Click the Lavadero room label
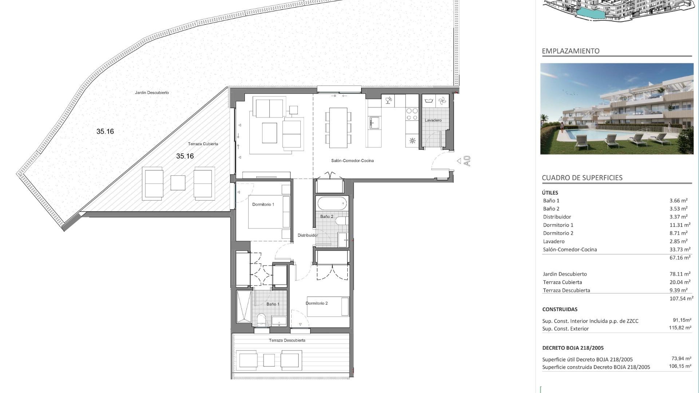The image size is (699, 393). click(433, 120)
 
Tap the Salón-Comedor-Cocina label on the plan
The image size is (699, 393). click(352, 160)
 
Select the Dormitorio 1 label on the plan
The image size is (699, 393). click(263, 205)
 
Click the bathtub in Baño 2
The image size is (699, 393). click(332, 203)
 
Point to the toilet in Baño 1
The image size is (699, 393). click(261, 320)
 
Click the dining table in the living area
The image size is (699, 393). click(338, 127)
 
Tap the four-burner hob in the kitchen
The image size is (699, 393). click(412, 114)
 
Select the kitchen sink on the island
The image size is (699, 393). click(374, 123)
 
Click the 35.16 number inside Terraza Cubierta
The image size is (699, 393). click(185, 156)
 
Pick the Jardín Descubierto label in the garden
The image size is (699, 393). click(152, 92)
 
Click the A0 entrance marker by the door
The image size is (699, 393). click(467, 161)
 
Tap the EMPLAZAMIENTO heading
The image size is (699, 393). click(570, 51)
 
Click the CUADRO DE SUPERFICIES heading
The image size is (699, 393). click(582, 178)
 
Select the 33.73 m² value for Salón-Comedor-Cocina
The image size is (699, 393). click(679, 249)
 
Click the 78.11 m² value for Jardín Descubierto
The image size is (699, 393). click(679, 274)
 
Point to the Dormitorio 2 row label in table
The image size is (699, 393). click(558, 233)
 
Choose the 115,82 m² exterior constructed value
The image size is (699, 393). click(680, 328)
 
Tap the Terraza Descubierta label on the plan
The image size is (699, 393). click(287, 340)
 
